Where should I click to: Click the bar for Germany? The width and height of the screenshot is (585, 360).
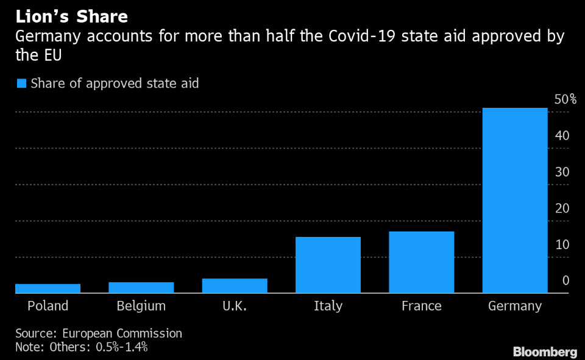point(515,200)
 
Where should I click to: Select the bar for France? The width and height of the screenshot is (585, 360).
point(422,263)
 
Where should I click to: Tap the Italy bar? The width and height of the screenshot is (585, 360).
point(328,265)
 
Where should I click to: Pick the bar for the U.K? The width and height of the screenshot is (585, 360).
point(235,286)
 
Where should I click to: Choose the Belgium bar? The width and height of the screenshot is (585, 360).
point(141,288)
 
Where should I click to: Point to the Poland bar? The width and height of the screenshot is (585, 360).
point(48,288)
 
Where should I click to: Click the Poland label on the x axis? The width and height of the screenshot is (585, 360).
point(48,306)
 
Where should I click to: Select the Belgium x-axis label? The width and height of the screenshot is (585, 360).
point(141,306)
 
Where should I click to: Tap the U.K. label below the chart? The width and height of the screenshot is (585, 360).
point(235,306)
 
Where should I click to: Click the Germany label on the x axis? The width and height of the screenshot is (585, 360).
point(515,306)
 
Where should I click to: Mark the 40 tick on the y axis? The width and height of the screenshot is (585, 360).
point(562,136)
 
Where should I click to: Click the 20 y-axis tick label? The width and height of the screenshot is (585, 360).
point(562,208)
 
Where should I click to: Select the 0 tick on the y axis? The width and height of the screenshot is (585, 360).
point(565,281)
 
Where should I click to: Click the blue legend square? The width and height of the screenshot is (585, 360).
point(21,83)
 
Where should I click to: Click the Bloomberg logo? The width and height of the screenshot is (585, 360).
point(545,351)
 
